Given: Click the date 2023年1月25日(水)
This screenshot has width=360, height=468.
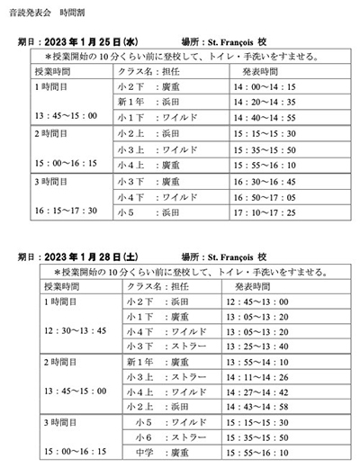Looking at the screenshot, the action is tap(95, 42).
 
